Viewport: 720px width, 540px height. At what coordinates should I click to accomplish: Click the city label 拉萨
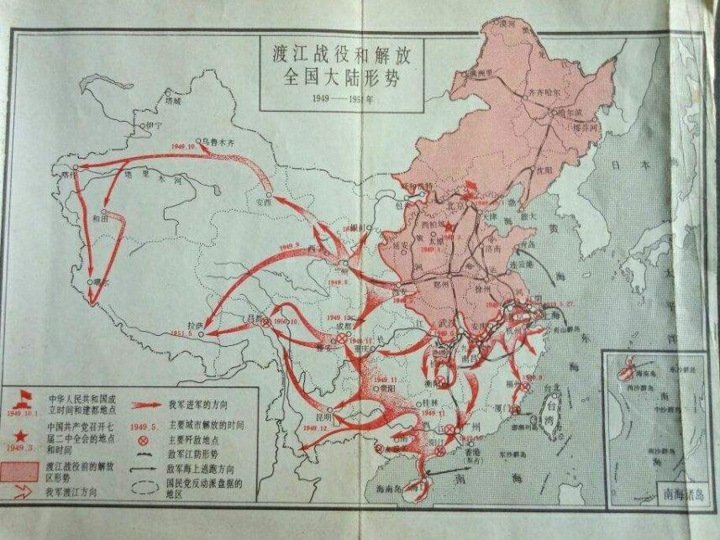coord(197,323)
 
